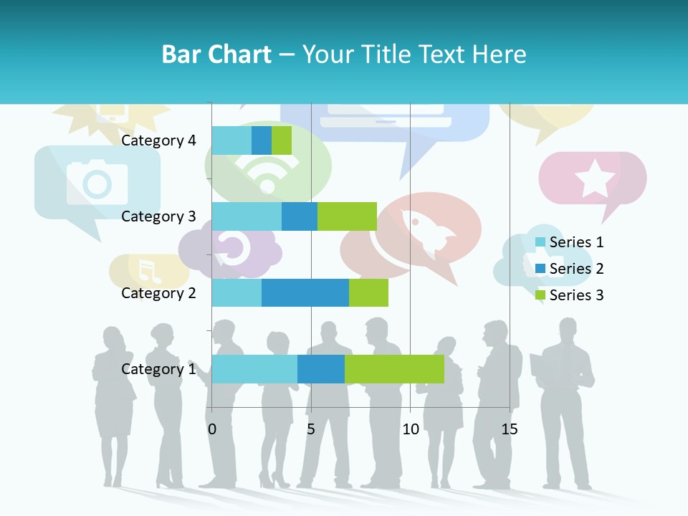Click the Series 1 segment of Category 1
tap(254, 368)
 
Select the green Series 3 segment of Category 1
tap(394, 368)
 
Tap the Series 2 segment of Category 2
tap(305, 292)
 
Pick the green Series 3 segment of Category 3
tap(347, 216)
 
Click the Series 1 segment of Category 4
tap(231, 140)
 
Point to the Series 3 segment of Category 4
tap(282, 140)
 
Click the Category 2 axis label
tap(158, 292)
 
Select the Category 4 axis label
tap(158, 140)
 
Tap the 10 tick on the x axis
tap(410, 429)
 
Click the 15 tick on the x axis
tap(510, 429)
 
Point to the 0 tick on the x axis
tap(212, 429)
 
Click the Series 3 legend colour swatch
tap(540, 295)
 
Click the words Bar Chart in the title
tap(216, 54)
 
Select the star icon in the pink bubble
tap(594, 179)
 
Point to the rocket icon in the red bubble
tap(428, 233)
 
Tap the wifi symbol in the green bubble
tap(267, 173)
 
